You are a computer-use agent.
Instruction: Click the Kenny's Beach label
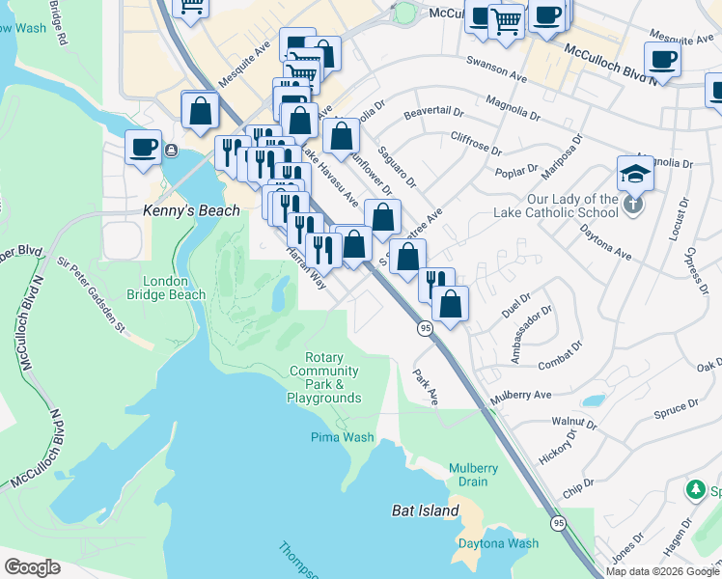[177, 209]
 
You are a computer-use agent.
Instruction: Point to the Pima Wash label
[343, 437]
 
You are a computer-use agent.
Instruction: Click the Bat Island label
[425, 510]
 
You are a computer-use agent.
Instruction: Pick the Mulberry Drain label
[473, 475]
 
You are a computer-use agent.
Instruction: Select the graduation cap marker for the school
[635, 174]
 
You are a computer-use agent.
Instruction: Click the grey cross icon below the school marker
[632, 204]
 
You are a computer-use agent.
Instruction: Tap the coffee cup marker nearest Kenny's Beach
[144, 148]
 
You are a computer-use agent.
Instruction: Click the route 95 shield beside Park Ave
[425, 329]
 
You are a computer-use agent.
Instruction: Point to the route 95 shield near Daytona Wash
[559, 523]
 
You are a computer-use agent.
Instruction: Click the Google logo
[32, 567]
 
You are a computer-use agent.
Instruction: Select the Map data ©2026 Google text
[662, 571]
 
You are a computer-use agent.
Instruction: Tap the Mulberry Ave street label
[520, 396]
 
